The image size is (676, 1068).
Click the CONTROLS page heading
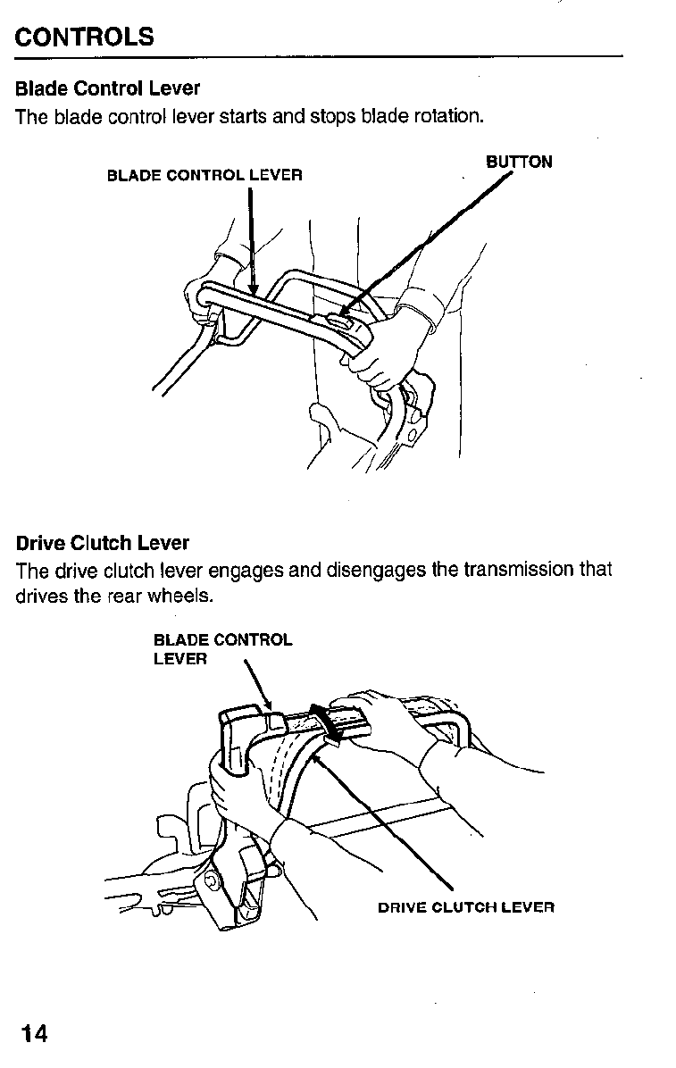pos(85,37)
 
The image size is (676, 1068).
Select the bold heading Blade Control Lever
pos(107,88)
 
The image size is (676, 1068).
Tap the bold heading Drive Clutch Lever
pos(102,543)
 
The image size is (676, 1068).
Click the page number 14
pos(34,1034)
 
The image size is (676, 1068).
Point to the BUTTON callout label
pos(519,162)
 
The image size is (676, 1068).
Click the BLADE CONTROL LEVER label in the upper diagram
pos(204,175)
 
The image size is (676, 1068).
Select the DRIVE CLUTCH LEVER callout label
pos(466,907)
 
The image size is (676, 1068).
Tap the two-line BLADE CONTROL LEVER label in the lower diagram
pos(221,649)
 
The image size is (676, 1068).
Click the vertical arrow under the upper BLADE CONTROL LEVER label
pos(252,241)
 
